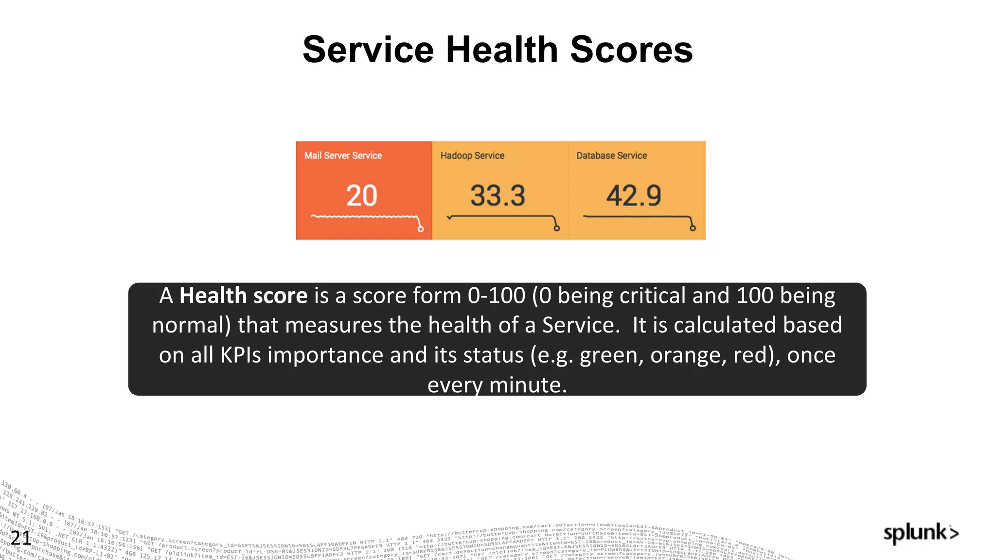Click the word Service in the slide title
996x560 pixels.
(368, 50)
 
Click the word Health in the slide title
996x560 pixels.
(501, 50)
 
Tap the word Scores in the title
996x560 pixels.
(631, 50)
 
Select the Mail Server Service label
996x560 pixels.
(343, 156)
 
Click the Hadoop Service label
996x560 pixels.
(472, 156)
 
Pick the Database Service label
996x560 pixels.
(611, 156)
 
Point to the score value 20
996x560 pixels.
(361, 195)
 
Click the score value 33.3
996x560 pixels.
(498, 195)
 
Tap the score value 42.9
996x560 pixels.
(633, 195)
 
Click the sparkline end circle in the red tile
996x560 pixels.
(421, 229)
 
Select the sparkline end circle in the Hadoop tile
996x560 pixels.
(557, 228)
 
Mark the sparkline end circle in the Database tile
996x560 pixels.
(693, 228)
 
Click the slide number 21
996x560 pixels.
(20, 538)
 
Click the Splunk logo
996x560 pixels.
(921, 533)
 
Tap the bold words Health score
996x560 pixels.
(243, 296)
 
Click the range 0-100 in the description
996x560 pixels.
(497, 296)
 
